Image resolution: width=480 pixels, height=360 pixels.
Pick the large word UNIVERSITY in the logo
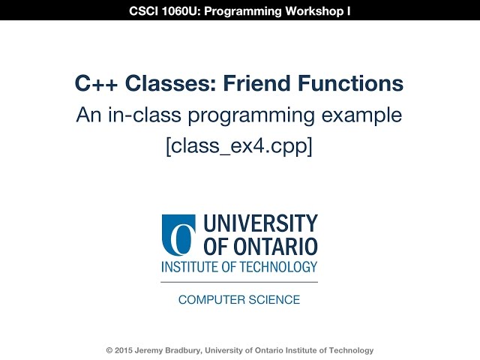[260, 224]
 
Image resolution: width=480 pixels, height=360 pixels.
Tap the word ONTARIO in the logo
[277, 247]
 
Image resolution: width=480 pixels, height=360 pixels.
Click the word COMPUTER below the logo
[209, 300]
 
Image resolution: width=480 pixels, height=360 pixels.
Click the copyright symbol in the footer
[109, 350]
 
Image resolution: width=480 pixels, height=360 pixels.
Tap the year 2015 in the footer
[124, 350]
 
